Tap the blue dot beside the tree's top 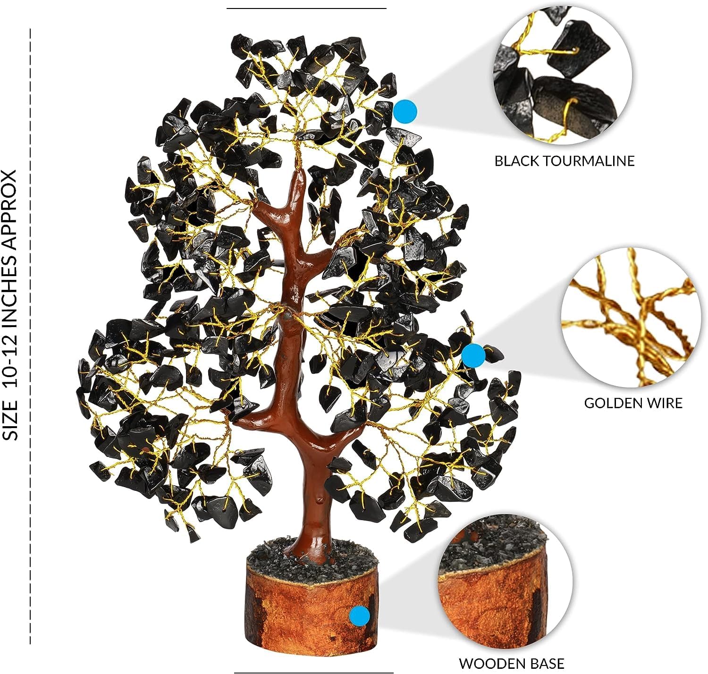point(405,111)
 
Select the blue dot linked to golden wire point(473,355)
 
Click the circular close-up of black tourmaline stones point(563,75)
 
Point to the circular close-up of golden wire point(631,317)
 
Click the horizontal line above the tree point(306,8)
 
